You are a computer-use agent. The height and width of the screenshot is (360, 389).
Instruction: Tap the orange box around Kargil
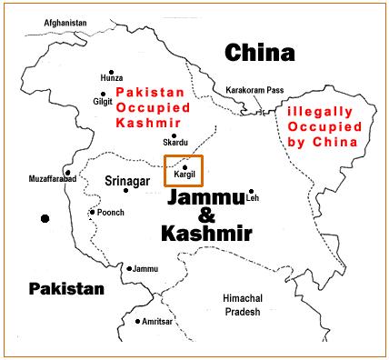pyautogui.click(x=183, y=171)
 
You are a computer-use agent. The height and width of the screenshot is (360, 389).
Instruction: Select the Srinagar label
pyautogui.click(x=127, y=180)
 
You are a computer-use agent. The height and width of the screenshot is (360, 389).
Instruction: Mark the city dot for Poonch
pyautogui.click(x=92, y=212)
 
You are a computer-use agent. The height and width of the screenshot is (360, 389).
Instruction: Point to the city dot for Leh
pyautogui.click(x=250, y=194)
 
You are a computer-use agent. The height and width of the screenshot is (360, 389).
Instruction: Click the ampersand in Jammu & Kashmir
pyautogui.click(x=205, y=215)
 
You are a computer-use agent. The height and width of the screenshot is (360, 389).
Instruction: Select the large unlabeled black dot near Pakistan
pyautogui.click(x=44, y=218)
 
